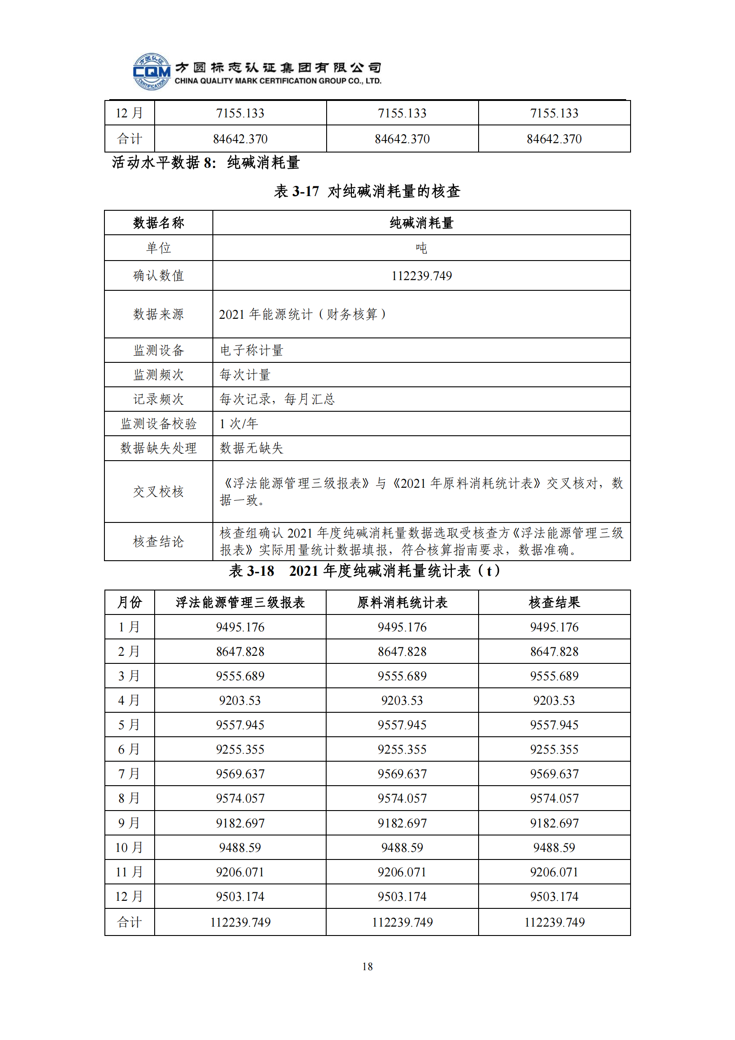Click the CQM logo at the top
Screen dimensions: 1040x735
[152, 72]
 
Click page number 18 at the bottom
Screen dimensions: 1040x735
[367, 966]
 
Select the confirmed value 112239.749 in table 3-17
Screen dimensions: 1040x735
[421, 275]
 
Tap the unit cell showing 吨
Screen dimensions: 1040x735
[421, 248]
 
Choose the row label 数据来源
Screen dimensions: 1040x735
[158, 314]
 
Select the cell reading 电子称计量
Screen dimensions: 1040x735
[252, 350]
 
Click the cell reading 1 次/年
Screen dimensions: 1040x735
[239, 424]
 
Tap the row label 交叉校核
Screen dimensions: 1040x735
[158, 491]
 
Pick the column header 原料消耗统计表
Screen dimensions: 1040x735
[402, 602]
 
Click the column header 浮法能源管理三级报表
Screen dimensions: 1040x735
[240, 602]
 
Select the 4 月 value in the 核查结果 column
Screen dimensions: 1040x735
[554, 700]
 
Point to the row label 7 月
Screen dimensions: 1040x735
[129, 774]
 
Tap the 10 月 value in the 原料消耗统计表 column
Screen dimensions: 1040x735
[402, 847]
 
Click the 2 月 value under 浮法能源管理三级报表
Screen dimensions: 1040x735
[240, 651]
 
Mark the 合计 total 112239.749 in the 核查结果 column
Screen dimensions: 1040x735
[554, 922]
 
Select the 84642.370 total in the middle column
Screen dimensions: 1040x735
[402, 139]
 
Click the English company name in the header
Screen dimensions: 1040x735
[278, 81]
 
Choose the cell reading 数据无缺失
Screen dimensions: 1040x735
[252, 448]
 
